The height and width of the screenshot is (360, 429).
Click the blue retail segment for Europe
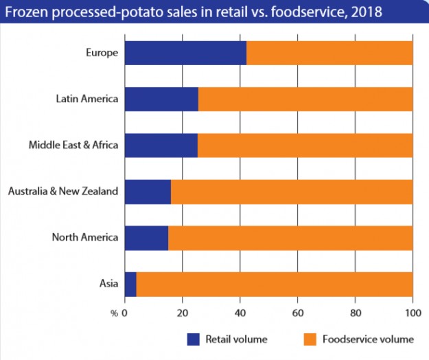[x=185, y=53]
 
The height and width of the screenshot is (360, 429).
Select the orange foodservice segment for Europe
[x=329, y=53]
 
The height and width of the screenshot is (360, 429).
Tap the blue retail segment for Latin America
[x=161, y=99]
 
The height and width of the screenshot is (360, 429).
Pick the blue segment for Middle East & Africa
[x=161, y=145]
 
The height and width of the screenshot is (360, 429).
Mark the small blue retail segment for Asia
[x=130, y=283]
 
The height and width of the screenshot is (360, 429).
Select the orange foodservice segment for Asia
[x=275, y=283]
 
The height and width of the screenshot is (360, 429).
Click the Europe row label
[x=102, y=53]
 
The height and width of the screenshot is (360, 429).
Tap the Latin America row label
[x=87, y=99]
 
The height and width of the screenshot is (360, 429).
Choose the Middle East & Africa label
[x=74, y=145]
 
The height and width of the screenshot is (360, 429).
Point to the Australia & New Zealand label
[x=63, y=191]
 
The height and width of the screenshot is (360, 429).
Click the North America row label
[x=85, y=237]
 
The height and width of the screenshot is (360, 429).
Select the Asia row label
[x=109, y=283]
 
